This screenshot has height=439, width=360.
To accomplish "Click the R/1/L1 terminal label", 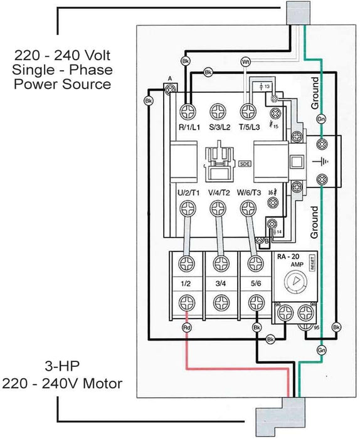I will [189, 127].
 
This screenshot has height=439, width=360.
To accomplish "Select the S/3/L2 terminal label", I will [220, 127].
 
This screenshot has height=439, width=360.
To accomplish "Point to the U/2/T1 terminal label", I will [189, 193].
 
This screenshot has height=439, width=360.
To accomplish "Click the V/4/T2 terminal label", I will [220, 193].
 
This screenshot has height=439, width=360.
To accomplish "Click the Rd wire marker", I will [186, 328].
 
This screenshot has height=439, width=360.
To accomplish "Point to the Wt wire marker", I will [246, 61].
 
